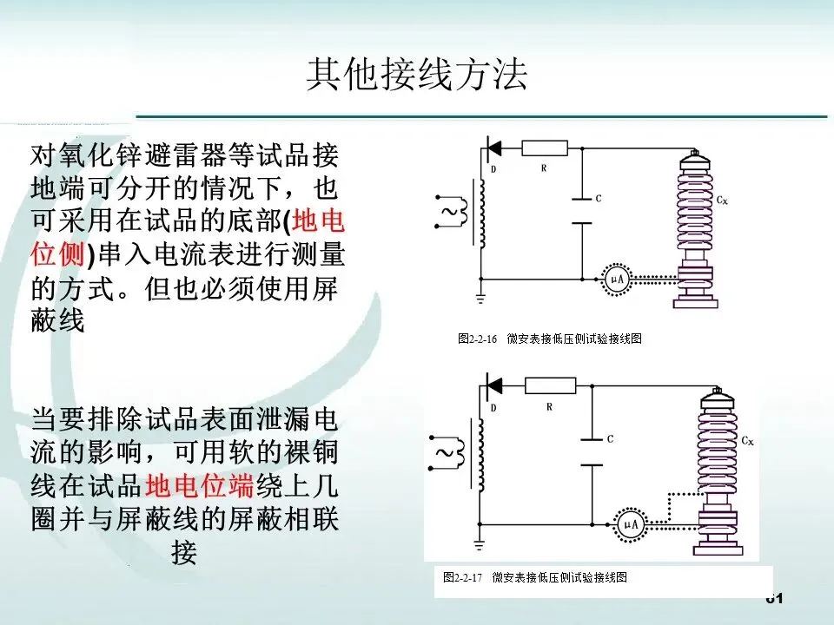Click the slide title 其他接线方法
pos(416,76)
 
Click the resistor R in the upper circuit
pos(545,148)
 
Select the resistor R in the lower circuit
pos(550,385)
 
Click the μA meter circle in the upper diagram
pos(615,279)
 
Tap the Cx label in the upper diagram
pos(722,200)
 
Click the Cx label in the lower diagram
pos(747,441)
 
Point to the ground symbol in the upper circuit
pos(481,298)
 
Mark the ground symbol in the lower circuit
pos(481,543)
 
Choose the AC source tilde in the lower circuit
pos(444,453)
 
